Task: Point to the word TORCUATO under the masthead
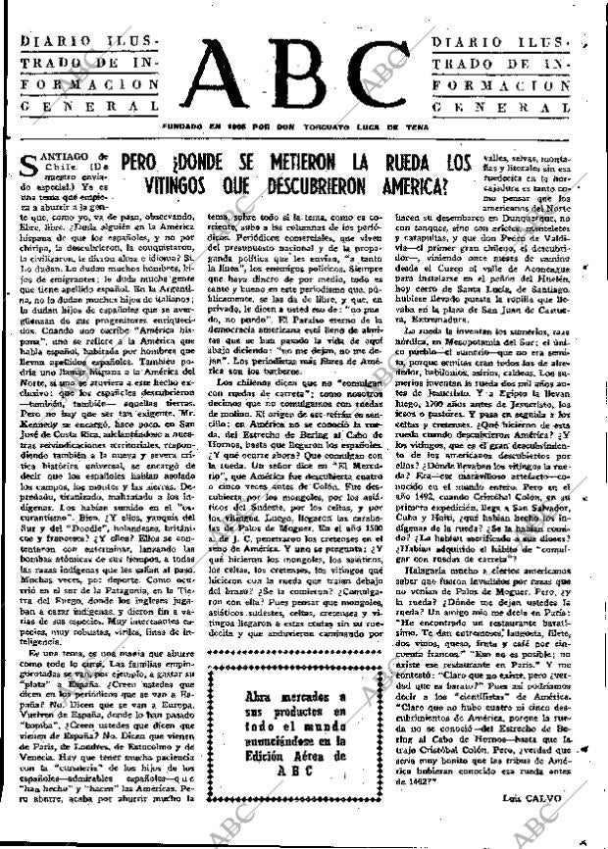[x=369, y=127]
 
